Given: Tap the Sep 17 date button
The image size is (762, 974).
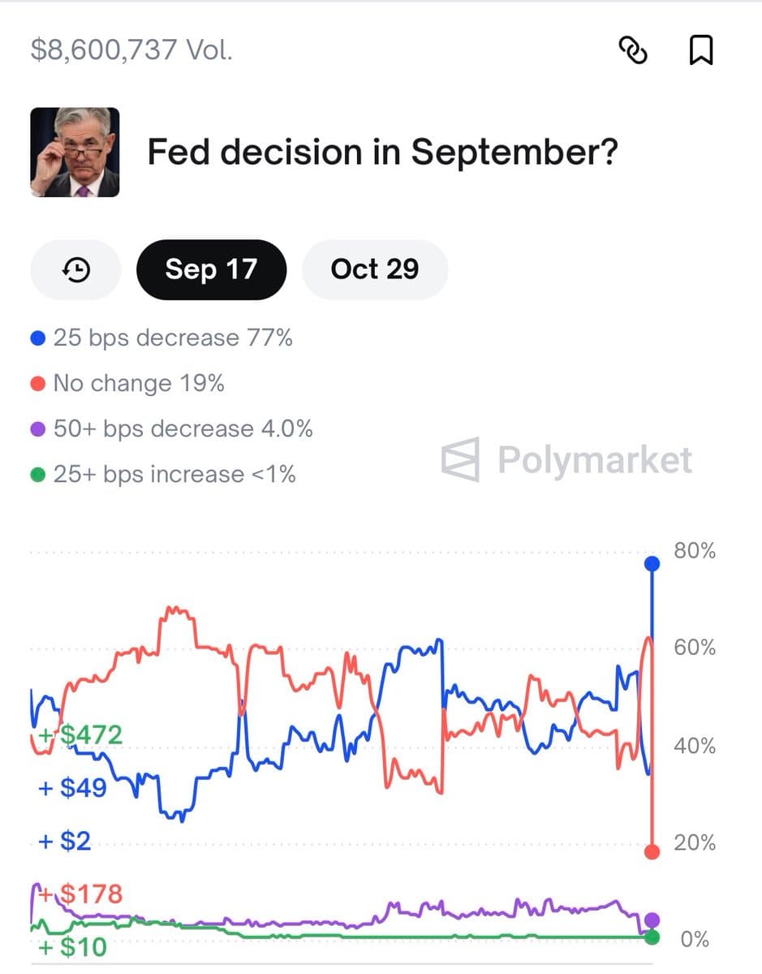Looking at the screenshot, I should [211, 269].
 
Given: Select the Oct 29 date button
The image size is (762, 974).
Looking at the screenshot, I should [374, 269].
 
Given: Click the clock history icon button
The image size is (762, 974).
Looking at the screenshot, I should [75, 269].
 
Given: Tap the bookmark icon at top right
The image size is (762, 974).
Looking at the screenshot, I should [700, 50].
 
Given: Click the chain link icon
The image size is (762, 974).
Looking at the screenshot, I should [633, 50].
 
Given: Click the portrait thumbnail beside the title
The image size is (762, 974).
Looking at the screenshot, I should [75, 152].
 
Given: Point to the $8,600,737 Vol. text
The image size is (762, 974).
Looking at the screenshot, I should [131, 50].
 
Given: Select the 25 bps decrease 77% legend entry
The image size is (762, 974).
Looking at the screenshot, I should [161, 338].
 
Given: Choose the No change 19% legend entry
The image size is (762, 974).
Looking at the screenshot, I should [127, 383].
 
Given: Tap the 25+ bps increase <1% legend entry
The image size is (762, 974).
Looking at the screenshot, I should [163, 474].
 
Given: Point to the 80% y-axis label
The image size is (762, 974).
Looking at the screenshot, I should [695, 551].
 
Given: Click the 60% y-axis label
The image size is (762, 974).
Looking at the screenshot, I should [695, 648].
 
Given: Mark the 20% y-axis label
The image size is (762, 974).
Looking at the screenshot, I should [695, 843].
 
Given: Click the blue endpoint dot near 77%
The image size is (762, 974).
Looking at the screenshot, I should [652, 563].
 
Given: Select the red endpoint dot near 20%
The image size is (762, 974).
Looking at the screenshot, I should [652, 851].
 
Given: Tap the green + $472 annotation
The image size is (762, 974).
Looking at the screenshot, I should [81, 735].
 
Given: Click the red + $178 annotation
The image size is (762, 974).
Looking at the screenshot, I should [81, 894].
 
